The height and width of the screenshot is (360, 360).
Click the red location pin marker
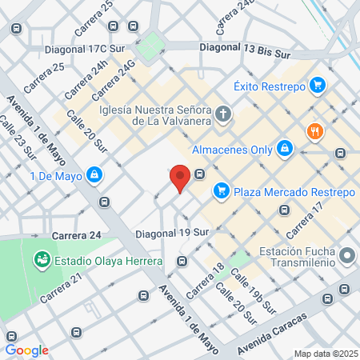[x=181, y=178]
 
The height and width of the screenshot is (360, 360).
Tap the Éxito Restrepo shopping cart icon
[x=318, y=84]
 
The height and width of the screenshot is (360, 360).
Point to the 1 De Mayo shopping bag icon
[x=94, y=174]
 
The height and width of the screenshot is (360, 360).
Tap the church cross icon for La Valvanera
[x=222, y=114]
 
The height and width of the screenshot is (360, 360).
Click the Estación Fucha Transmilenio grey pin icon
[x=347, y=257]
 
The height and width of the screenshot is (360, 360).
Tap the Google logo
[x=26, y=350]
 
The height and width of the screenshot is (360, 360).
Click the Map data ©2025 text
[x=326, y=353]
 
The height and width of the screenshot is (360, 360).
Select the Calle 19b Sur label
[x=252, y=292]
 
